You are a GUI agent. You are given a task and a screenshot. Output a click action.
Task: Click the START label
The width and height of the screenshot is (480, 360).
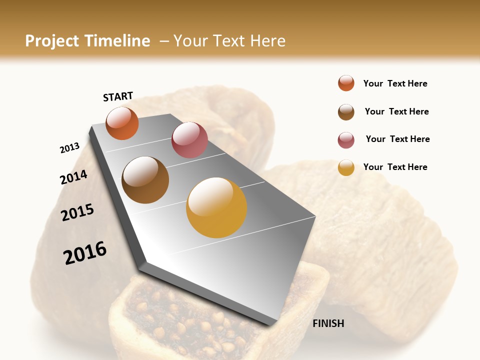pos(118,96)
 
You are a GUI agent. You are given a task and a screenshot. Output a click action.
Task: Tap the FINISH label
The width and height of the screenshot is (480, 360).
pos(328,323)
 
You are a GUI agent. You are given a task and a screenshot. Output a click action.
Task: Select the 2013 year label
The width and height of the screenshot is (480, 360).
pos(69,148)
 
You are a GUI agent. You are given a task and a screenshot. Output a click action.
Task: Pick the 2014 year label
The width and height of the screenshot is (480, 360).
pos(73,177)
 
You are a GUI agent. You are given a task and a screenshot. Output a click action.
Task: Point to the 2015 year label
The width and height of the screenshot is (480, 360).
pos(77,212)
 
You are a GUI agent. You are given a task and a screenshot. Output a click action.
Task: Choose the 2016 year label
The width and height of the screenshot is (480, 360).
pos(85,252)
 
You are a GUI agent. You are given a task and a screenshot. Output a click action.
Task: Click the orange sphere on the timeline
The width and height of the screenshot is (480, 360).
pos(122,123)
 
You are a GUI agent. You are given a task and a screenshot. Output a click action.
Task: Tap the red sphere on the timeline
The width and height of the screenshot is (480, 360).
pos(189,140)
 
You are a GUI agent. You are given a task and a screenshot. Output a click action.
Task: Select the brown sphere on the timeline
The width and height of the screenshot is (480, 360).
pos(145,180)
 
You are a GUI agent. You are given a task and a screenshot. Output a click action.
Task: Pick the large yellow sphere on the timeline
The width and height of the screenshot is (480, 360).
pos(216,207)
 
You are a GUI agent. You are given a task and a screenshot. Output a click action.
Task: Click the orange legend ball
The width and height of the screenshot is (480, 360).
pos(346,83)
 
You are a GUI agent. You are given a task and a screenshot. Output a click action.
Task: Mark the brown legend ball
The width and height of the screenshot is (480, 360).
pos(346,112)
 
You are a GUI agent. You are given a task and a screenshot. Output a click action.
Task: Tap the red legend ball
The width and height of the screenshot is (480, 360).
pos(346,140)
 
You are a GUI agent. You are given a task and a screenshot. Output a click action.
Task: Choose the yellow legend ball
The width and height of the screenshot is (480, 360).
pos(346,167)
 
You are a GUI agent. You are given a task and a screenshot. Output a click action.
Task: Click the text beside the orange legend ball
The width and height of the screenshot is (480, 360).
pos(395,84)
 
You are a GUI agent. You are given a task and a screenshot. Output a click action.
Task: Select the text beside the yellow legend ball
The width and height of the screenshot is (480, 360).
pos(395,167)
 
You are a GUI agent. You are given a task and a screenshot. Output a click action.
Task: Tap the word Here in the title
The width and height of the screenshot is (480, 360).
pos(267,41)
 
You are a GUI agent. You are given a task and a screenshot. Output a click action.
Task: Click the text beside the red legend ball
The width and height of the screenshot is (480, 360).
pos(397,139)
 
